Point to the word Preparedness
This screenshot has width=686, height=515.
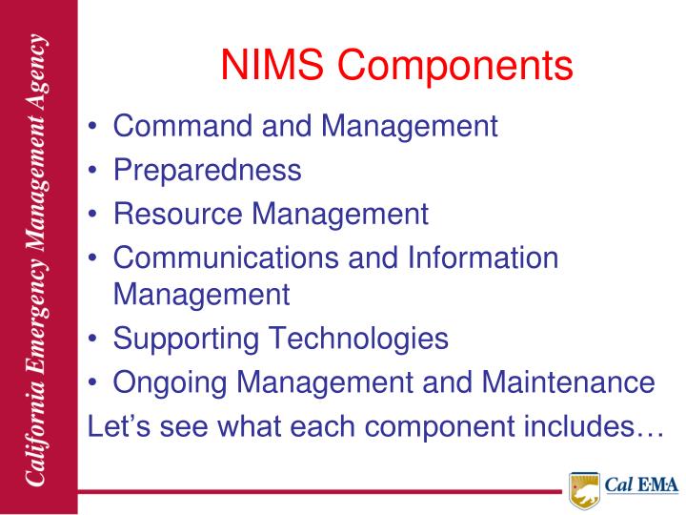tap(207, 170)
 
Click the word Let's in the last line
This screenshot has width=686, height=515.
tap(112, 425)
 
